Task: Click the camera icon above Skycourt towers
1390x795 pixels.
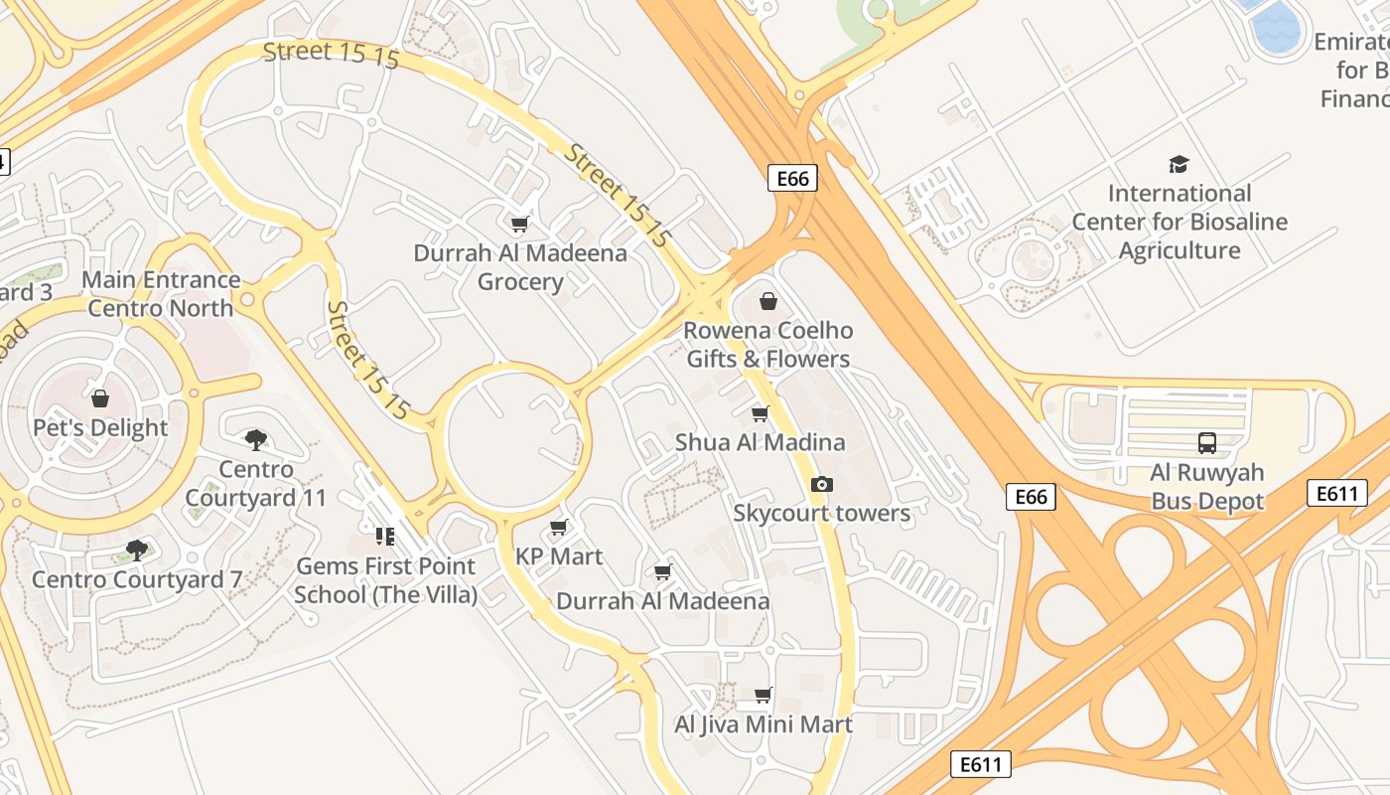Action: (821, 484)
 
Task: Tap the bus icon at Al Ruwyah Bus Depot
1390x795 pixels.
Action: (1206, 443)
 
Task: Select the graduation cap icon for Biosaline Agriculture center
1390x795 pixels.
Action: (1179, 164)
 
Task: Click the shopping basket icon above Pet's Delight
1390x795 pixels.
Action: (100, 399)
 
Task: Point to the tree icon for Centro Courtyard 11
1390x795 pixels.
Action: (255, 439)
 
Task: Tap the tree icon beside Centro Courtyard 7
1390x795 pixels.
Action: (137, 550)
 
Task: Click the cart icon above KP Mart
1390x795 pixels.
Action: (559, 527)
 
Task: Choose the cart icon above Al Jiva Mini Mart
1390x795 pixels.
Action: (763, 695)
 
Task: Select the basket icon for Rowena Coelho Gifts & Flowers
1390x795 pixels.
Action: (767, 301)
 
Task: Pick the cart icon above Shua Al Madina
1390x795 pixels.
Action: (760, 413)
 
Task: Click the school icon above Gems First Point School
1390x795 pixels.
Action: (385, 537)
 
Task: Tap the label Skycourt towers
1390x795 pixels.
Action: (821, 513)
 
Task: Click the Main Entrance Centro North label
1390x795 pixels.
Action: (161, 294)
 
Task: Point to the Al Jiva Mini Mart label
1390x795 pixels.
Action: (763, 724)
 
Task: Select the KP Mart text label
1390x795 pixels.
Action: (559, 556)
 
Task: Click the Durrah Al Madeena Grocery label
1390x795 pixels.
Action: (520, 267)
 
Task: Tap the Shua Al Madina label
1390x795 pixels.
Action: (760, 442)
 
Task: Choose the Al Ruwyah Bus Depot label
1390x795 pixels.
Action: (1206, 486)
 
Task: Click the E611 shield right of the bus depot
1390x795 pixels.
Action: (1335, 493)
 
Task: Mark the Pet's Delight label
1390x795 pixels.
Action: (100, 428)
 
